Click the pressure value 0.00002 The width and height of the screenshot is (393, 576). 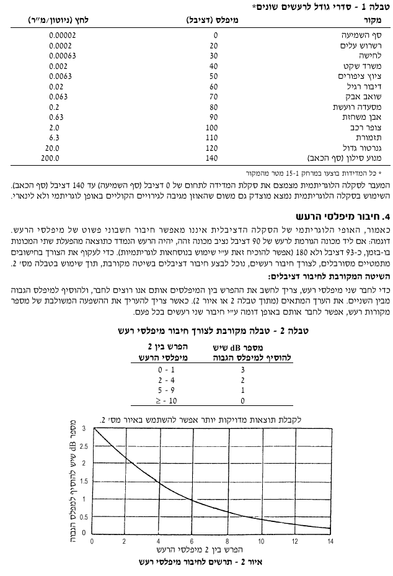tap(62, 35)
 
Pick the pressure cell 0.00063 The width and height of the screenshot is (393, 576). tap(62, 56)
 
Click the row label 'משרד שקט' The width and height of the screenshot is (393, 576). tap(366, 66)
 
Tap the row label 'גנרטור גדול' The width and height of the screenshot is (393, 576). tap(363, 148)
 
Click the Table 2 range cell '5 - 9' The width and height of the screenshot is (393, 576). tap(166, 390)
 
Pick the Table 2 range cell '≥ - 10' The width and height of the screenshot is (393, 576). tap(166, 400)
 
